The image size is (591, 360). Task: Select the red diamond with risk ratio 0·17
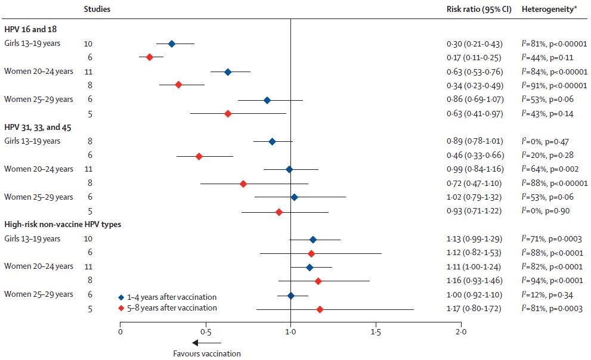(149, 57)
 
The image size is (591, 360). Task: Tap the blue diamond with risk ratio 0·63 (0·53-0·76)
(228, 72)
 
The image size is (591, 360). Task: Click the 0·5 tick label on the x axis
(205, 331)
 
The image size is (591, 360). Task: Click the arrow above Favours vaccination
(206, 343)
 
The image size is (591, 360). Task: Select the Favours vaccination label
(207, 353)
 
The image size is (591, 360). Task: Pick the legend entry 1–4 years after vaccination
(167, 297)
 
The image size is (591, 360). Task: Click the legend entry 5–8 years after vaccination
(167, 308)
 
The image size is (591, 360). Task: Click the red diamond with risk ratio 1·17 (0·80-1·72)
(320, 309)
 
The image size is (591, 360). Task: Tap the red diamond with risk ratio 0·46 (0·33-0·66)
(199, 156)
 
